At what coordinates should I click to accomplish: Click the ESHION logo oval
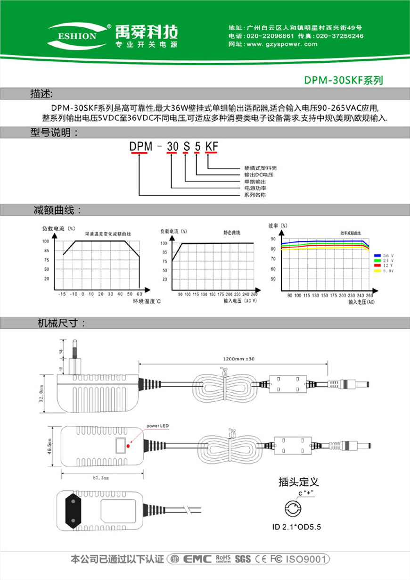point(77,34)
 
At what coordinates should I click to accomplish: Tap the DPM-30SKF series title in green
point(343,81)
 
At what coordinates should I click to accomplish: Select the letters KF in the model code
point(213,147)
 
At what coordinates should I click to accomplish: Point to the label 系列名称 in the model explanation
point(254,194)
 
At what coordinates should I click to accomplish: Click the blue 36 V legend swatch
point(377,255)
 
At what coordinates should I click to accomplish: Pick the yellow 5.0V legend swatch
point(377,271)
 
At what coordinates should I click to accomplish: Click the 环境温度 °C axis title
point(147,300)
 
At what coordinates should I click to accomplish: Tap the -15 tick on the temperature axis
point(62,294)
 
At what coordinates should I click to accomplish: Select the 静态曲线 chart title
point(232,233)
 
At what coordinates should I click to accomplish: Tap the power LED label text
point(157,426)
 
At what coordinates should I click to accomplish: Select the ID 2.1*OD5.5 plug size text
point(296,527)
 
